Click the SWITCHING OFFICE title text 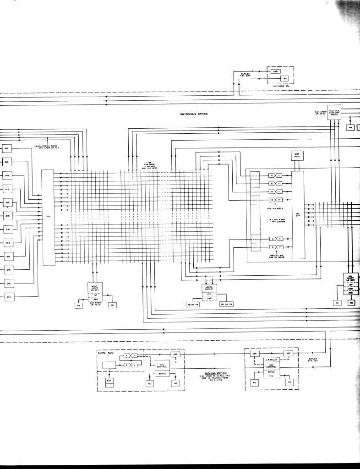pyautogui.click(x=194, y=114)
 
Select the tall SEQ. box pyautogui.click(x=48, y=217)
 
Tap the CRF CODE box pyautogui.click(x=296, y=156)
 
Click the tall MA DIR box pyautogui.click(x=298, y=215)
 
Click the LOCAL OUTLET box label pyautogui.click(x=209, y=288)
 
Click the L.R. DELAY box pyautogui.click(x=272, y=360)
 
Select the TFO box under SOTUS pyautogui.click(x=271, y=376)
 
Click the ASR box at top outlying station pyautogui.click(x=275, y=71)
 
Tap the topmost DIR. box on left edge pyautogui.click(x=7, y=148)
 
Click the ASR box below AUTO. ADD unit pyautogui.click(x=109, y=381)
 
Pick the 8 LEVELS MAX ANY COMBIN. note pyautogui.click(x=278, y=221)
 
